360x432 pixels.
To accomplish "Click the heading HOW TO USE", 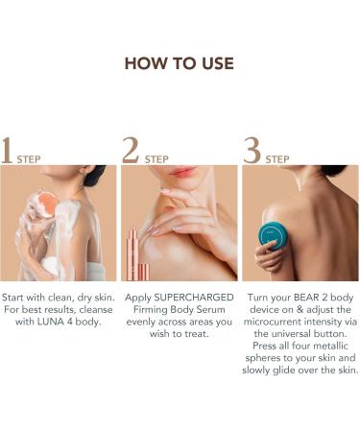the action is (180, 63).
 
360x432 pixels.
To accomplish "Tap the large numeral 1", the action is (7, 151).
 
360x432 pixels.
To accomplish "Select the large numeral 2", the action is (131, 151).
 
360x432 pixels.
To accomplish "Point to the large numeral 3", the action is (252, 151).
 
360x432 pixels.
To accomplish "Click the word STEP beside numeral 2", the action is (156, 159).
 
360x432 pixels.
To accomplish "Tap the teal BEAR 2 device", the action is (274, 236).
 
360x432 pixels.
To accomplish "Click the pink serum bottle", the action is (133, 252).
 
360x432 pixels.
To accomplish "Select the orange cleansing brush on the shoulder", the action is (47, 204).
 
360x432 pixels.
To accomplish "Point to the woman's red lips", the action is (182, 172).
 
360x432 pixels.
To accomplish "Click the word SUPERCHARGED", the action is (194, 298).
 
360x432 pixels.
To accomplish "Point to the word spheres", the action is (263, 358).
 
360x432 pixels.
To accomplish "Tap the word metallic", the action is (331, 346).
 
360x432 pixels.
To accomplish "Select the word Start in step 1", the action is (12, 298).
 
